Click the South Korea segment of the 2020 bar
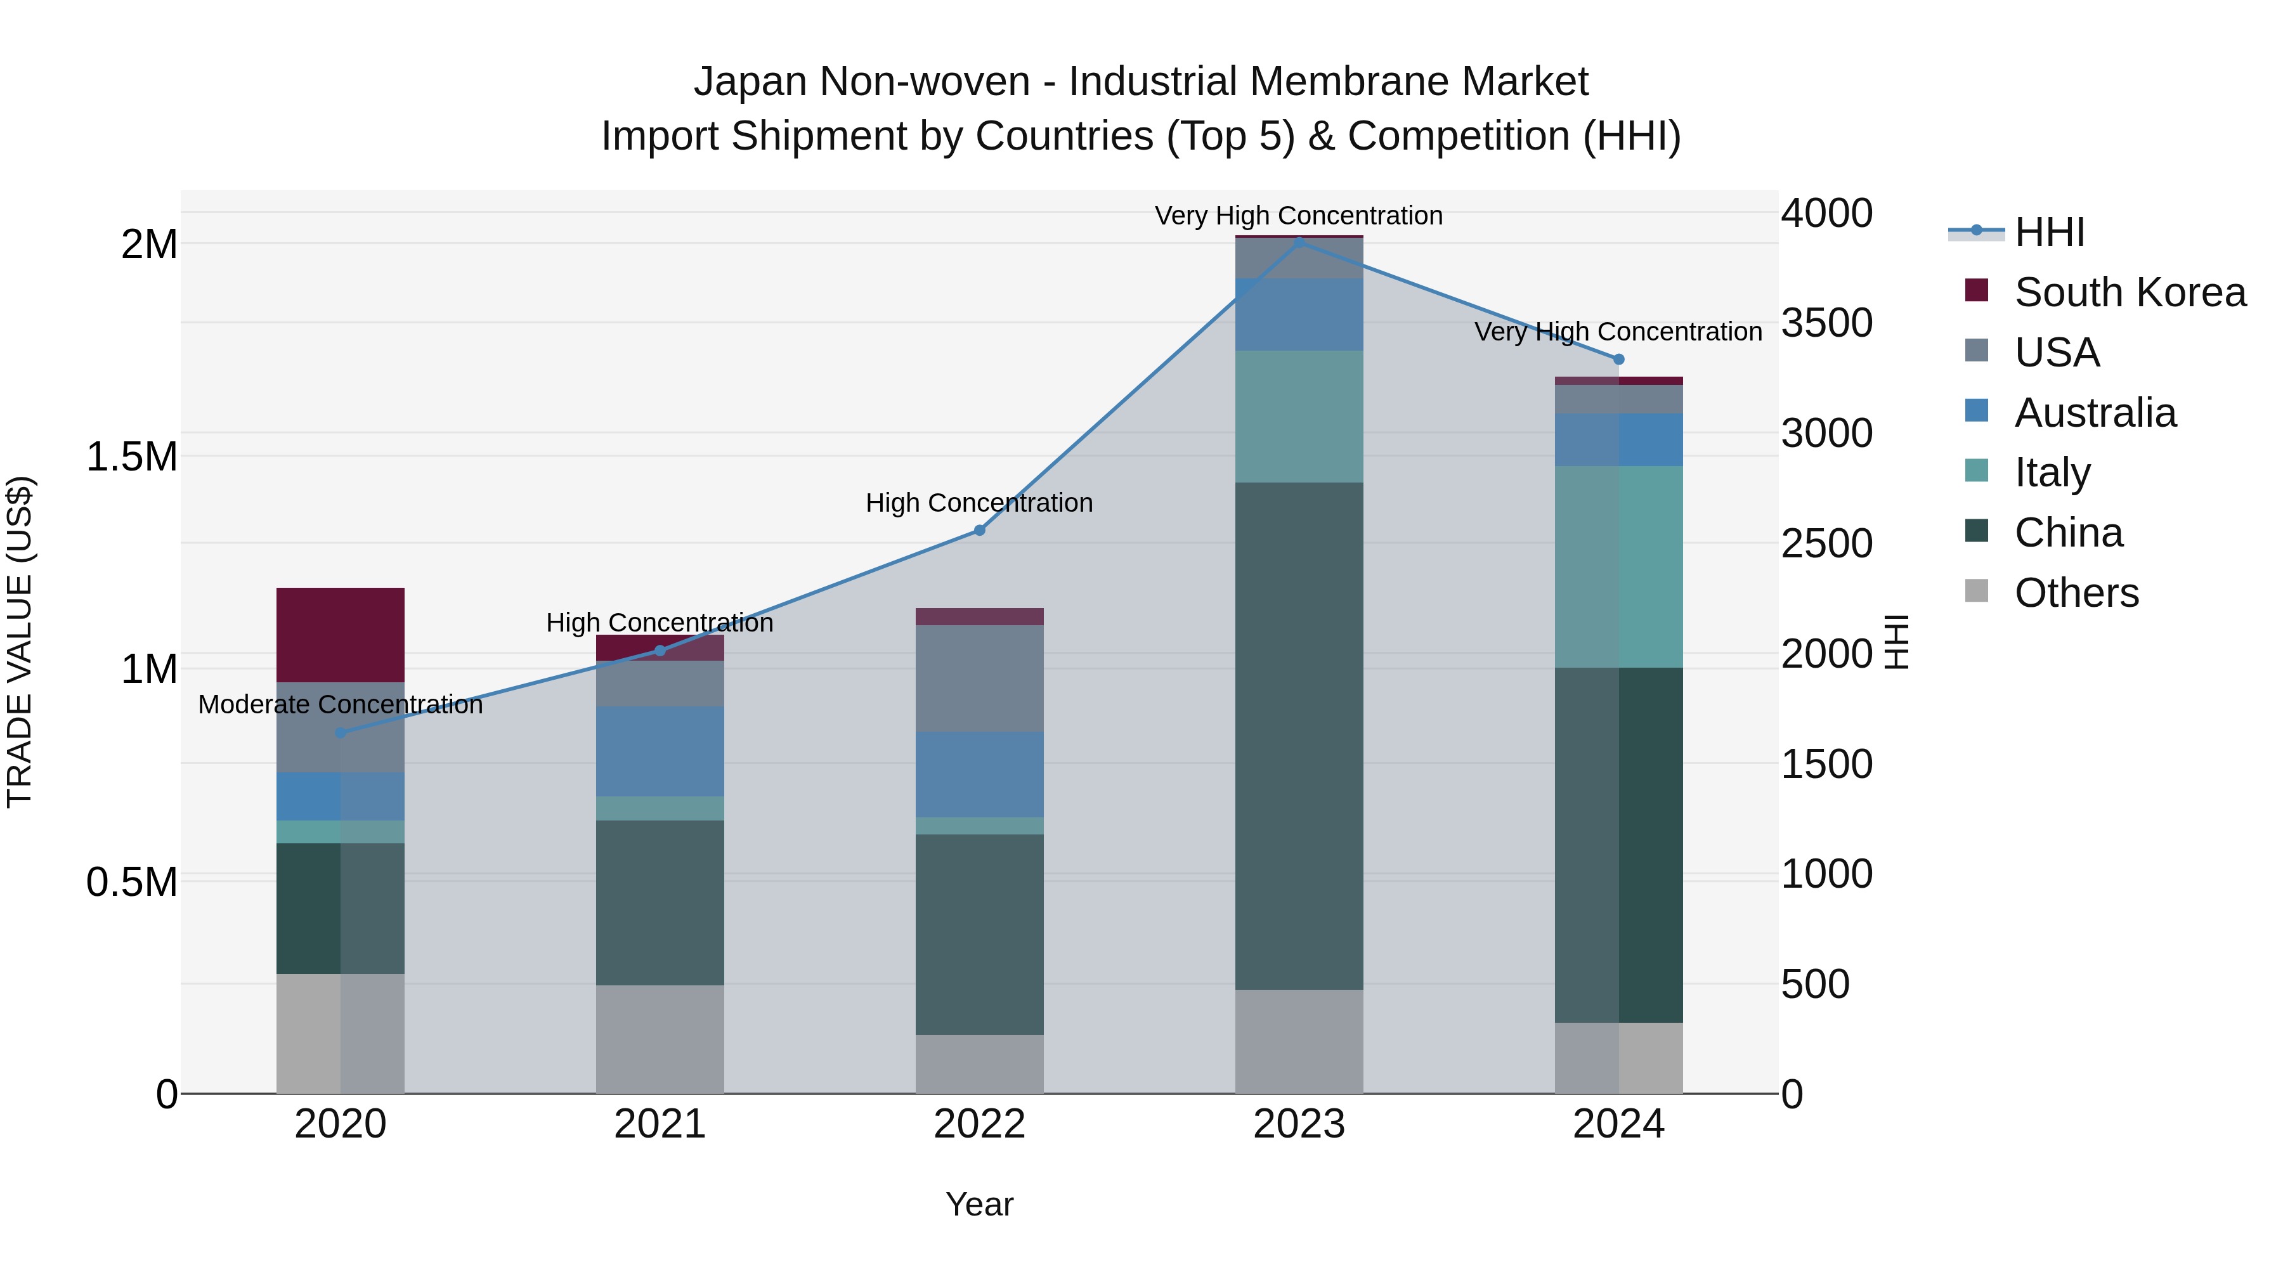(341, 635)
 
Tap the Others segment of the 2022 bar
(979, 1063)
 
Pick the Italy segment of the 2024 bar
(1618, 567)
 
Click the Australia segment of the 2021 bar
(660, 751)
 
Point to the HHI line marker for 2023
(1299, 242)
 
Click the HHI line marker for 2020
(341, 733)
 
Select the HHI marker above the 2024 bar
(1618, 359)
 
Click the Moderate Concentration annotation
(341, 704)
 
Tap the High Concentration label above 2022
(979, 502)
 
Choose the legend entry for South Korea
(2130, 292)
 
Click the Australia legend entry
(2095, 413)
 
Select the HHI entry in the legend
(2049, 232)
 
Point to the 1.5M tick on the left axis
(131, 457)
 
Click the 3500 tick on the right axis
(1828, 323)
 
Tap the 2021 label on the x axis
(660, 1124)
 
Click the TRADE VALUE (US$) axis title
(20, 642)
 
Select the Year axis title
(979, 1204)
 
